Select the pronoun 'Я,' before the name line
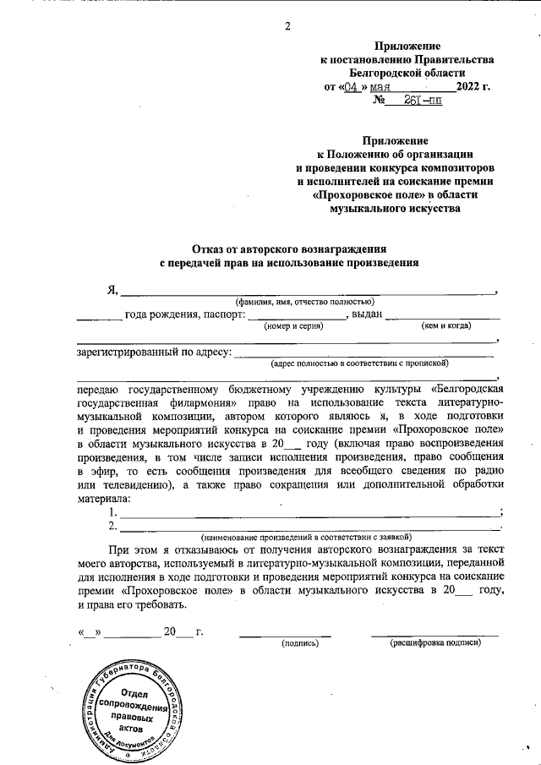[111, 290]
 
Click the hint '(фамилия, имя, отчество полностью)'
[304, 302]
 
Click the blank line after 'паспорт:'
[296, 315]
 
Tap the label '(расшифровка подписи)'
[434, 642]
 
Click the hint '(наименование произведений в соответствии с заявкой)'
[304, 537]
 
